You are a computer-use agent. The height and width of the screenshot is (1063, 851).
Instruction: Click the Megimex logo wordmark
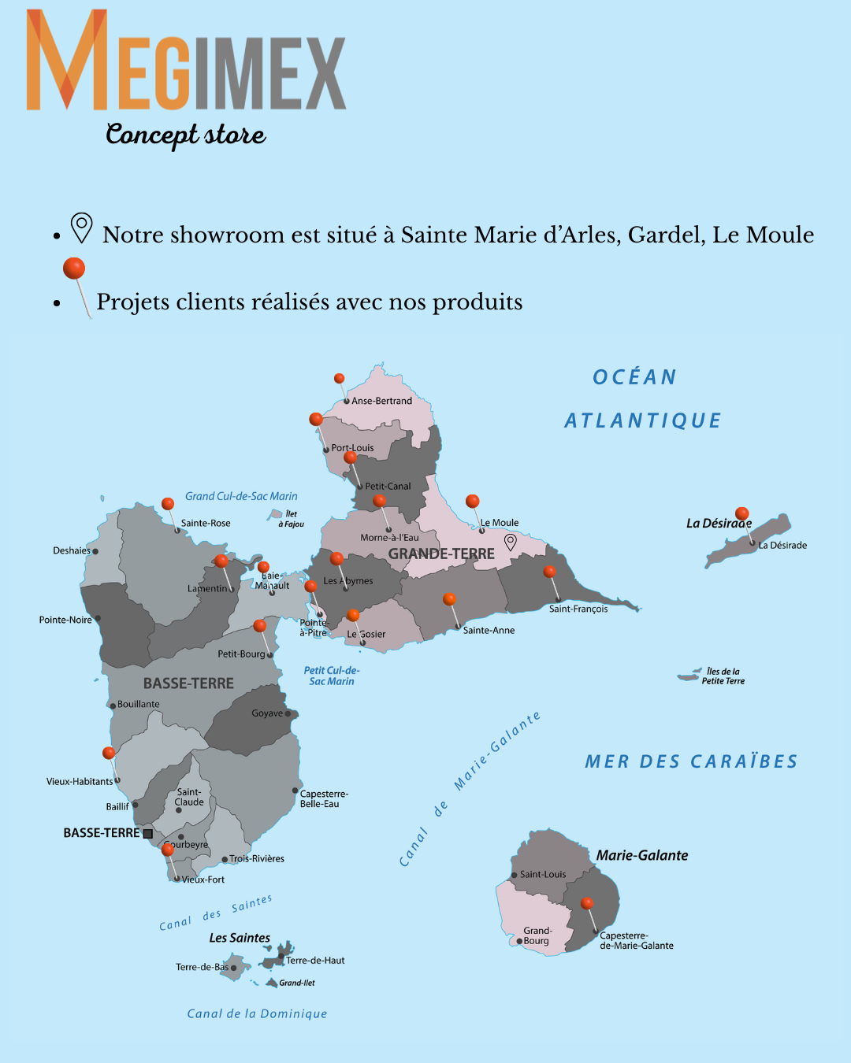pos(186,61)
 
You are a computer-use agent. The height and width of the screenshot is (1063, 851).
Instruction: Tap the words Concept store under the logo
pos(186,134)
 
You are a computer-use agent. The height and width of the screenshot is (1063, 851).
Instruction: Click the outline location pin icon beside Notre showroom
pos(81,228)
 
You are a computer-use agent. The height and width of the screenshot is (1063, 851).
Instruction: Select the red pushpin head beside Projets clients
pos(74,269)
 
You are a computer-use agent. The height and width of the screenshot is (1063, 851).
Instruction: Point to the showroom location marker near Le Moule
pos(511,542)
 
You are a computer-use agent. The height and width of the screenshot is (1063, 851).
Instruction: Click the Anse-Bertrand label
pos(381,401)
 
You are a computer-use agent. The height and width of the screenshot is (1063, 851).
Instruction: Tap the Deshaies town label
pos(72,550)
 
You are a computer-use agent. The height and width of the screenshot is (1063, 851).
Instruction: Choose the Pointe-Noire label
pos(65,620)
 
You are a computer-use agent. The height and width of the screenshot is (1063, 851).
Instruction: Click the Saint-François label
pos(578,609)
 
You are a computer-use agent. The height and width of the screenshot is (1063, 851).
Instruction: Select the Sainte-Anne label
pos(489,630)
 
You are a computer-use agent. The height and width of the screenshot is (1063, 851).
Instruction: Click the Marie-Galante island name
pos(642,855)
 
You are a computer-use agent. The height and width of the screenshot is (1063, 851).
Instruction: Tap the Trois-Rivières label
pos(257,858)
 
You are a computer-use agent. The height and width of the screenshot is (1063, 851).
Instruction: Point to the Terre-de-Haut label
pos(315,960)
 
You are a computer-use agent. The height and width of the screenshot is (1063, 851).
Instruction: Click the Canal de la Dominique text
pos(257,1013)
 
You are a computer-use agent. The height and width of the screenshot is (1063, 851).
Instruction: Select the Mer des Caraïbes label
pos(691,761)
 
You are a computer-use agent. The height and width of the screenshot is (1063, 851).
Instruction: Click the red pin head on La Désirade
pos(742,513)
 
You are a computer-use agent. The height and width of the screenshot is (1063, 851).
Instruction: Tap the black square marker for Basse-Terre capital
pos(147,833)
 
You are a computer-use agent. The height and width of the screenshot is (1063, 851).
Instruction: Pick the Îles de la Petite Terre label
pos(723,676)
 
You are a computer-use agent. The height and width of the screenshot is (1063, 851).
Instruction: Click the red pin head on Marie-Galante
pos(587,903)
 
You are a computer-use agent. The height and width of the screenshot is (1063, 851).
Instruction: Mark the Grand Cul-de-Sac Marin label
pos(241,496)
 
